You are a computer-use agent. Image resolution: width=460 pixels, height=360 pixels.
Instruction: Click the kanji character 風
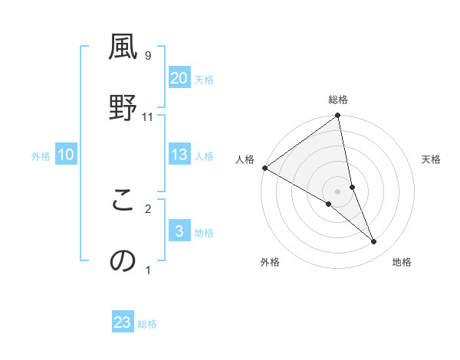tap(123, 47)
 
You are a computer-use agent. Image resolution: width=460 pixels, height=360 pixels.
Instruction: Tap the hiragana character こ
tap(123, 200)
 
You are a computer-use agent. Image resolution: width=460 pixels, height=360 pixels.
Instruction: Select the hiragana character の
tap(123, 261)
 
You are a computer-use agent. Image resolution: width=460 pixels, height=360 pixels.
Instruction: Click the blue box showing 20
tap(179, 78)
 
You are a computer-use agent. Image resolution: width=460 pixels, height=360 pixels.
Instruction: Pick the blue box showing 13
tap(179, 155)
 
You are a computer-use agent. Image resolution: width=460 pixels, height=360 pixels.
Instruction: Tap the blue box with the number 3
tap(179, 232)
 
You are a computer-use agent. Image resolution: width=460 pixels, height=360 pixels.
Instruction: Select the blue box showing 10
tap(66, 155)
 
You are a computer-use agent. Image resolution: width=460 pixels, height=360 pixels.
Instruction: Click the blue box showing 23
tap(123, 322)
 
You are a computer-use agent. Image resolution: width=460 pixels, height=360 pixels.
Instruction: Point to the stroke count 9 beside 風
tap(147, 55)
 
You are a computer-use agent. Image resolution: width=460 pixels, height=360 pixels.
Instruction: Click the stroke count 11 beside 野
tap(147, 116)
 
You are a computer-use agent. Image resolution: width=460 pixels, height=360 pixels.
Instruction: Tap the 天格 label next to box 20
tap(204, 80)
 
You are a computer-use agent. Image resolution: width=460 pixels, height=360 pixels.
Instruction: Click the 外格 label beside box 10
tap(41, 156)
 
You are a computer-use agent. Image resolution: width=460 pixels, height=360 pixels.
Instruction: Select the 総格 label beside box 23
tap(147, 324)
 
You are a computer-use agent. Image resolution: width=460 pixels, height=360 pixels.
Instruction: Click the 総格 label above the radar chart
tap(338, 100)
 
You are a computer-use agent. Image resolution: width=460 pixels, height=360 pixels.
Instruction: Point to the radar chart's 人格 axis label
tap(245, 159)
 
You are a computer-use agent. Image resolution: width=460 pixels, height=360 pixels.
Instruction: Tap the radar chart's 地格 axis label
tap(402, 263)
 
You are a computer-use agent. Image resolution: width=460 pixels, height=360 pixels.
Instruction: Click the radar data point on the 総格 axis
tap(338, 116)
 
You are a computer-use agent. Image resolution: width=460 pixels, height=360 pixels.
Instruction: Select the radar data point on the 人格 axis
tap(264, 168)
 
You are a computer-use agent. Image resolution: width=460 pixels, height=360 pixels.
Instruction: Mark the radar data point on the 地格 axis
tap(374, 242)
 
